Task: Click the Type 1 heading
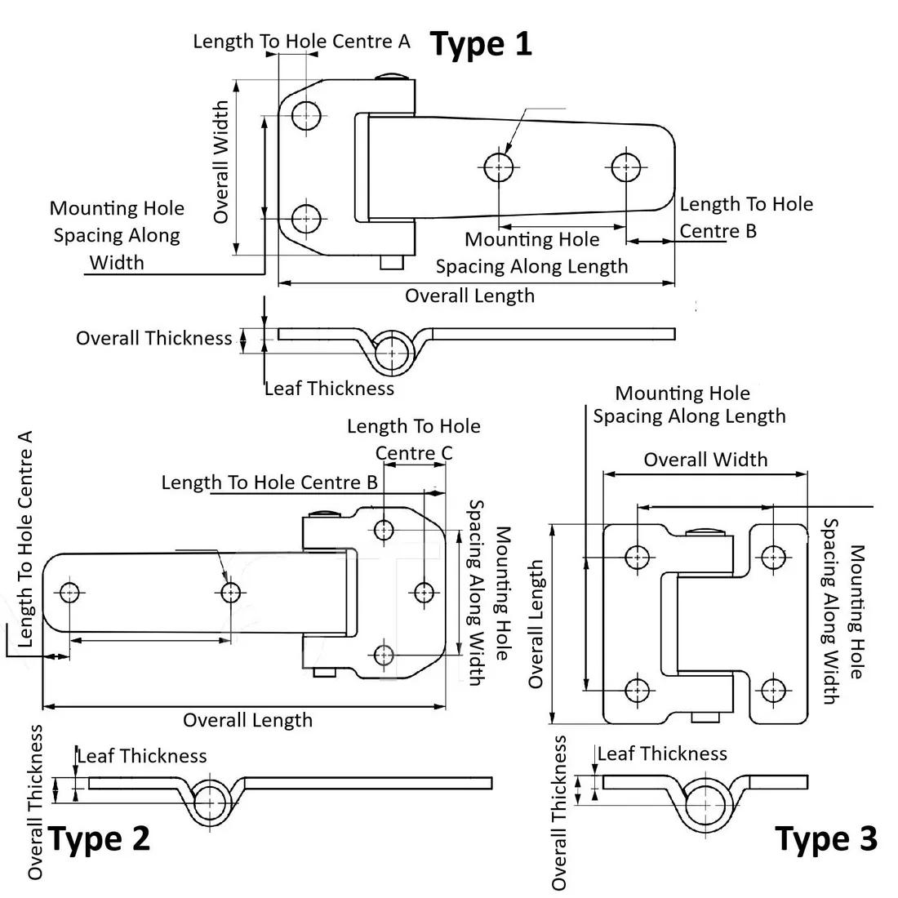[481, 44]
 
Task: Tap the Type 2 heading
[99, 839]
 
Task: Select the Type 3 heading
[826, 839]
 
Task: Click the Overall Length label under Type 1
[469, 296]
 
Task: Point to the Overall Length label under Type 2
[247, 720]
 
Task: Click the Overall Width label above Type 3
[705, 460]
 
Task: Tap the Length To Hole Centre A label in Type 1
[302, 42]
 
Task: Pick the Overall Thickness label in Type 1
[154, 338]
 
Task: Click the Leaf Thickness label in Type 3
[662, 754]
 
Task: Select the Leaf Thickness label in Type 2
[141, 756]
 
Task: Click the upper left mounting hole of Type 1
[306, 116]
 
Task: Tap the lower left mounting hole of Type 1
[306, 219]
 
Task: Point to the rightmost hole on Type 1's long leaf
[626, 167]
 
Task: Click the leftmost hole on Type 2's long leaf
[70, 592]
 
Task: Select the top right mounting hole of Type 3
[773, 557]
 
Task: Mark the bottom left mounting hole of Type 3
[637, 691]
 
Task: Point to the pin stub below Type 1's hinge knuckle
[393, 262]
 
